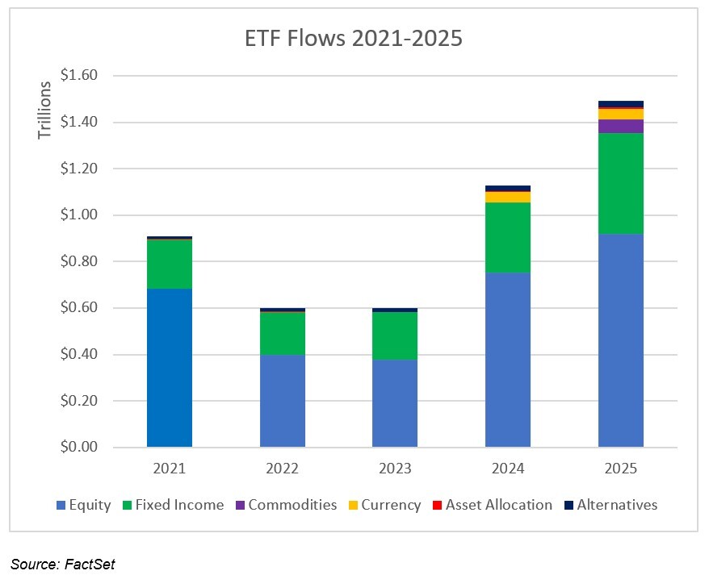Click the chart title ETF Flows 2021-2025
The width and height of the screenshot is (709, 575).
[354, 39]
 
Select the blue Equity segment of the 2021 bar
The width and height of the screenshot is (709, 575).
[170, 368]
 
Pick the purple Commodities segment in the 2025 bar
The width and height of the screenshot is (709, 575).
[620, 126]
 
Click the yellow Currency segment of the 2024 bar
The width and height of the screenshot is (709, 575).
[508, 197]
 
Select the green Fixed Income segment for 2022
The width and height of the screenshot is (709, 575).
[283, 333]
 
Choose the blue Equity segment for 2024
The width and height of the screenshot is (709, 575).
[508, 360]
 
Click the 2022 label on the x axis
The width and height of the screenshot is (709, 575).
[283, 469]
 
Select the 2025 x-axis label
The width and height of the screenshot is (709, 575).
[620, 469]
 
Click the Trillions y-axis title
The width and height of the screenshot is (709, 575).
[45, 103]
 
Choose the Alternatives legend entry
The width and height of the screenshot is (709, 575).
[610, 505]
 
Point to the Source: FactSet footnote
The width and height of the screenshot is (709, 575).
[62, 564]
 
